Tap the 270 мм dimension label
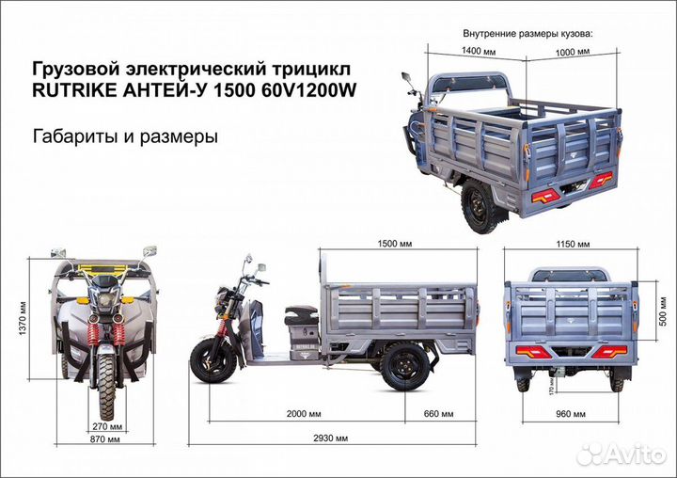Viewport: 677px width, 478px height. tap(105, 425)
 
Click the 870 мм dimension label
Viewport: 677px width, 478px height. tap(105, 439)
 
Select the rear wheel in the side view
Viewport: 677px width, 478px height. tap(404, 365)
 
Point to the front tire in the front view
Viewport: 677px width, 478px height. tap(106, 388)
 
